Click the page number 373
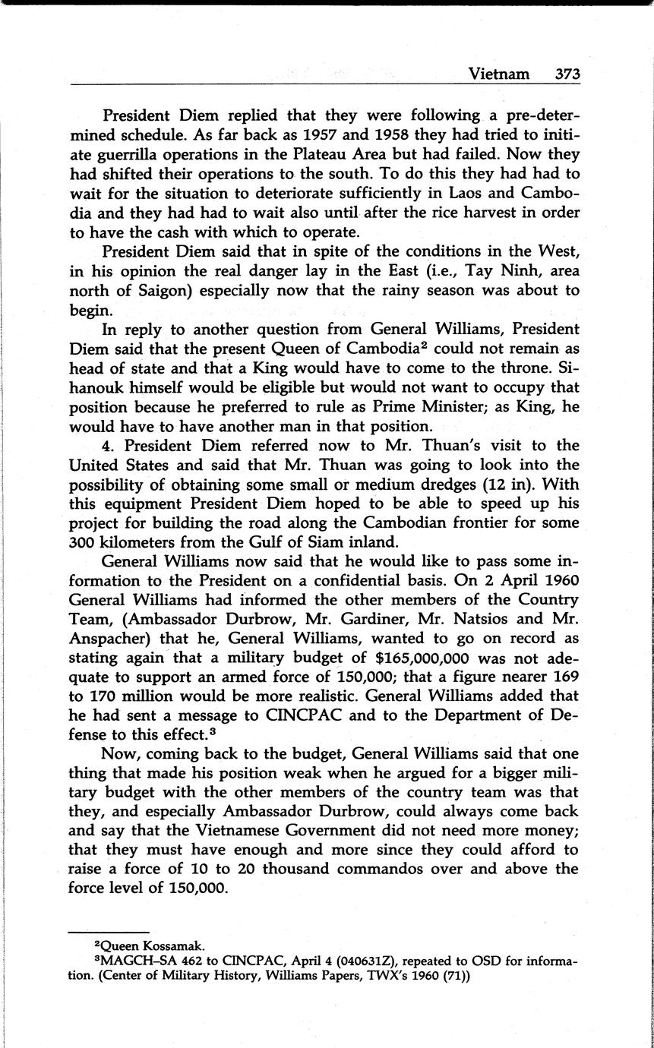(x=567, y=74)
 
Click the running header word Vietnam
(x=498, y=74)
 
